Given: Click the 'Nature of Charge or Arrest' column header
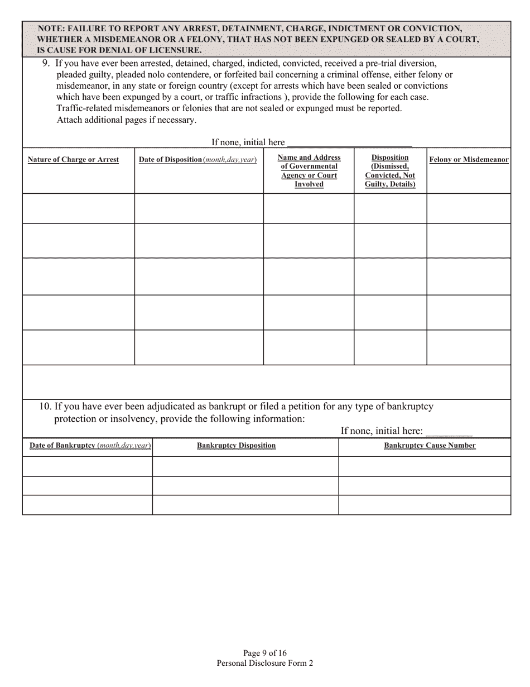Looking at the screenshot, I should pyautogui.click(x=73, y=160).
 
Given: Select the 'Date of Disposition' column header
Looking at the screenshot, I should pyautogui.click(x=197, y=160).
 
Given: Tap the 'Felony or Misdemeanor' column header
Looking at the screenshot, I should pyautogui.click(x=469, y=160).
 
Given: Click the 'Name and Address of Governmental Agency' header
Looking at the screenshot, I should pyautogui.click(x=309, y=171).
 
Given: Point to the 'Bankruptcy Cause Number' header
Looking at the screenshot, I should pyautogui.click(x=430, y=446).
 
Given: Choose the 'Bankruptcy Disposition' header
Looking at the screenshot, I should pyautogui.click(x=236, y=446).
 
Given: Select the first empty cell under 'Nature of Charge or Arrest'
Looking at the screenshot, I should pyautogui.click(x=78, y=208).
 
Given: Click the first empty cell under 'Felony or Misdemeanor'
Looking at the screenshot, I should pyautogui.click(x=469, y=208).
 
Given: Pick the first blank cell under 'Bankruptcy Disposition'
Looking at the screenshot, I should pyautogui.click(x=245, y=466).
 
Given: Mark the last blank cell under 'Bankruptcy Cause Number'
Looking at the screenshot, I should pyautogui.click(x=425, y=505).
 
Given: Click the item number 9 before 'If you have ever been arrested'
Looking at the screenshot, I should pyautogui.click(x=46, y=63).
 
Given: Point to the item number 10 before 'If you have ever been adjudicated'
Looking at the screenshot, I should pyautogui.click(x=45, y=407).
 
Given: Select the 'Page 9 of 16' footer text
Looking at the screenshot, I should pyautogui.click(x=265, y=653).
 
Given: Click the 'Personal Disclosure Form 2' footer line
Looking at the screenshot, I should pyautogui.click(x=265, y=663).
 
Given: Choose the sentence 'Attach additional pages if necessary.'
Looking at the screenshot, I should pyautogui.click(x=127, y=120).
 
